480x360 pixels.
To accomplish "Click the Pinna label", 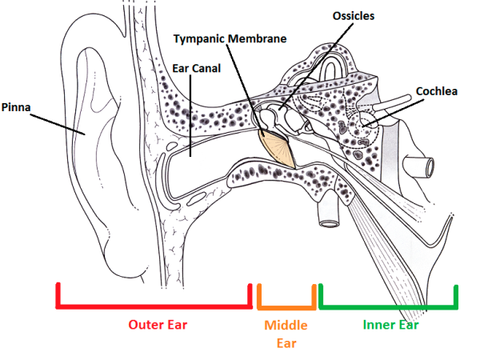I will pyautogui.click(x=16, y=106).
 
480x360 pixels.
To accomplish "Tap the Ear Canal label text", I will pyautogui.click(x=197, y=68).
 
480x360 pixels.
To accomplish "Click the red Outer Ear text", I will pyautogui.click(x=158, y=325).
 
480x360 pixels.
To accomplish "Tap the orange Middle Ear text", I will pyautogui.click(x=286, y=334).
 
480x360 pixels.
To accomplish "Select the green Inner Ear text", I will pyautogui.click(x=390, y=325).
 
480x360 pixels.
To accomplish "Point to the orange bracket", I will pyautogui.click(x=286, y=306).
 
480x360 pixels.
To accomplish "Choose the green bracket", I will pyautogui.click(x=388, y=306).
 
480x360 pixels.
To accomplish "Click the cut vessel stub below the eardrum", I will pyautogui.click(x=329, y=213).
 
